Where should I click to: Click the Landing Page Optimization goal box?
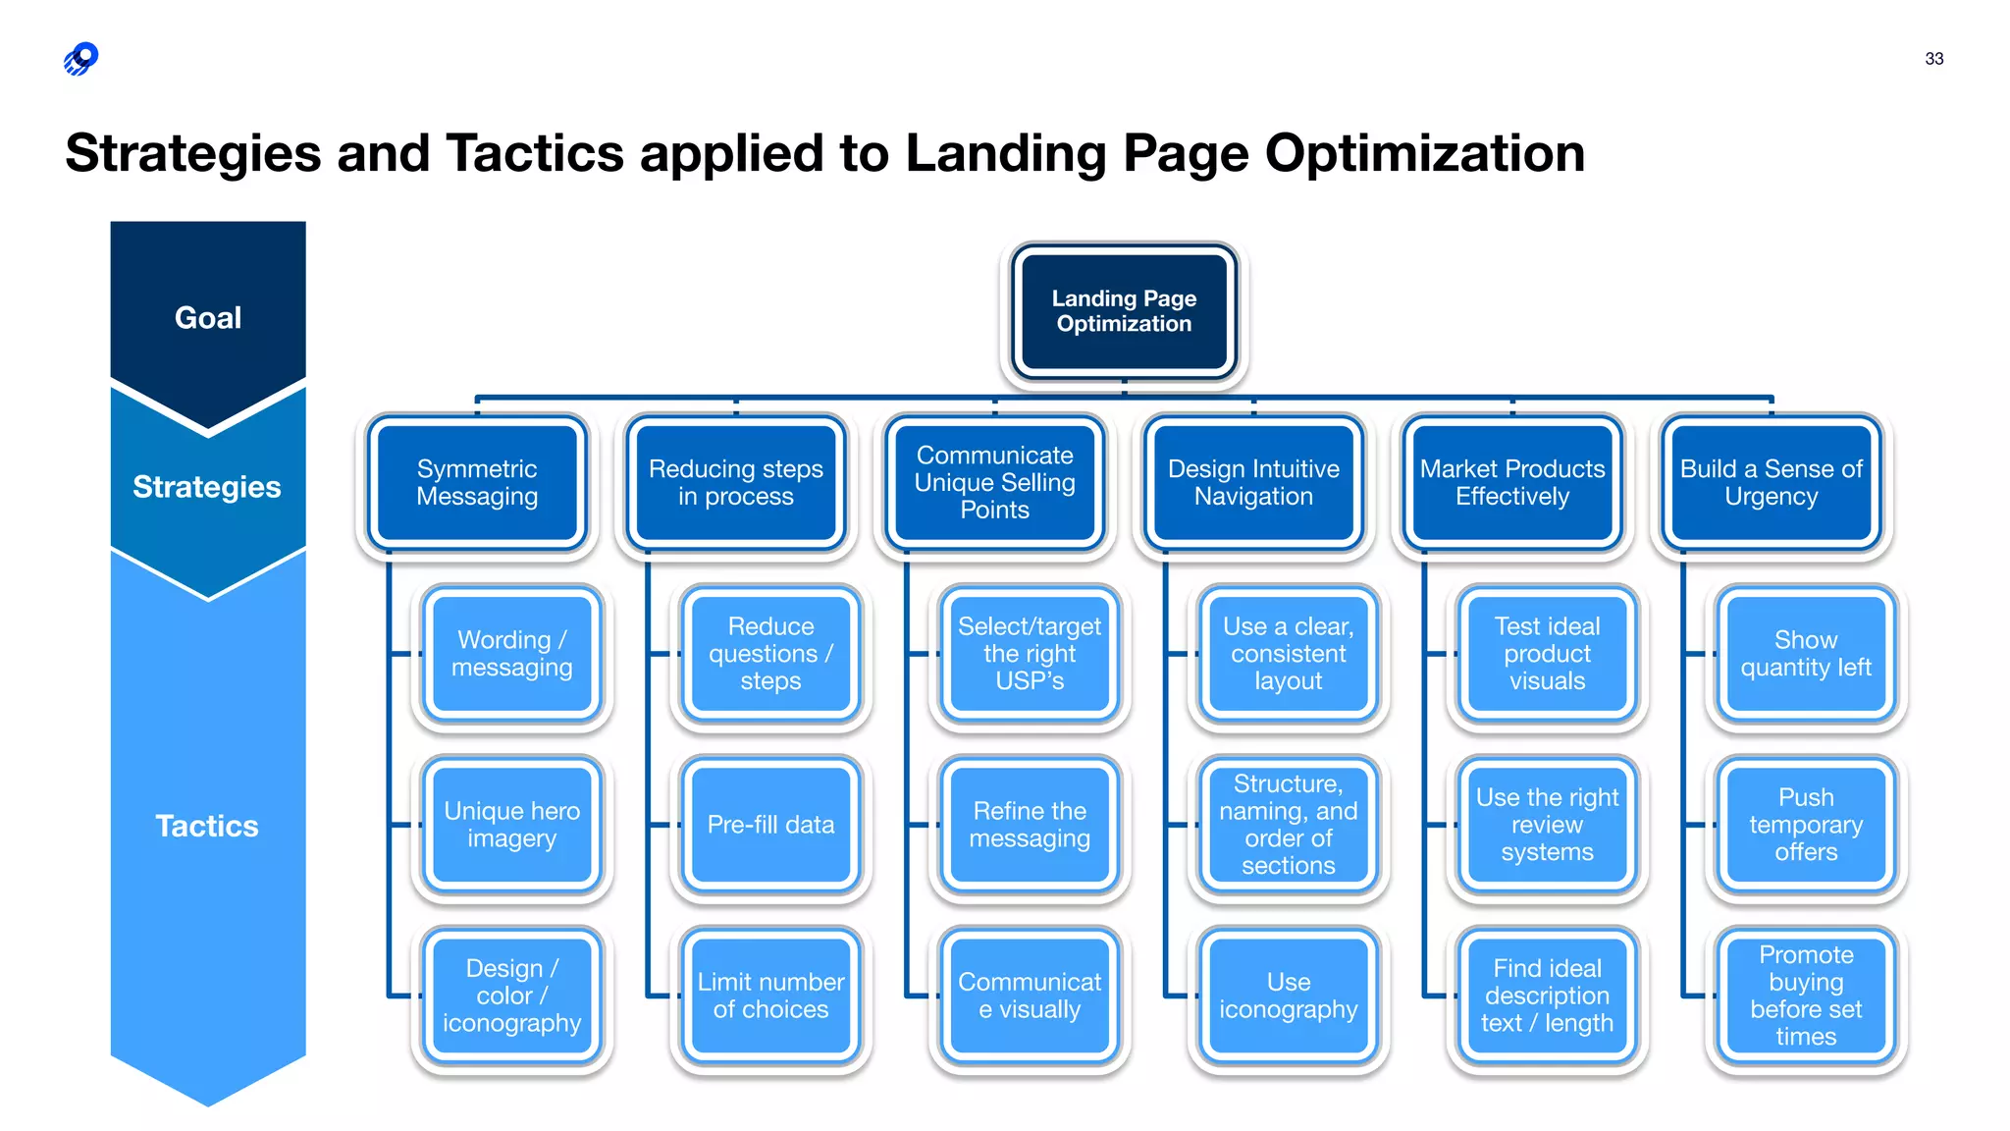pos(1124,311)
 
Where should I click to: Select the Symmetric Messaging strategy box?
pos(477,482)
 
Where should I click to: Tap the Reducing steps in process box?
pos(736,482)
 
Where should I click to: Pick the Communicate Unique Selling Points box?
pos(994,482)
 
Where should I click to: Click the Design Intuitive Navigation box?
pos(1253,482)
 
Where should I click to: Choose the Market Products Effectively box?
pos(1512,482)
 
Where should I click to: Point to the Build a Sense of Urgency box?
pos(1772,482)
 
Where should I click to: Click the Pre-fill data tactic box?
pos(770,825)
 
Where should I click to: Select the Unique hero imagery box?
pos(511,825)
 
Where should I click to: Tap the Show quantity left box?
pos(1806,654)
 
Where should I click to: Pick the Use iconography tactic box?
pos(1289,996)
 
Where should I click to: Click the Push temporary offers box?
pos(1806,825)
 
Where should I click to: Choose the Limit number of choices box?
pos(770,996)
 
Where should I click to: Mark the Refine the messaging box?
pos(1030,825)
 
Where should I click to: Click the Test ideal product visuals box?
pos(1547,654)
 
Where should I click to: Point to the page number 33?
pos(1933,59)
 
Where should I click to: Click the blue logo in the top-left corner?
pos(81,59)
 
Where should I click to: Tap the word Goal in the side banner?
pos(208,318)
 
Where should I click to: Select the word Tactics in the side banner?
pos(207,826)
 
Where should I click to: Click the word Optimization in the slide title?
pos(1424,154)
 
